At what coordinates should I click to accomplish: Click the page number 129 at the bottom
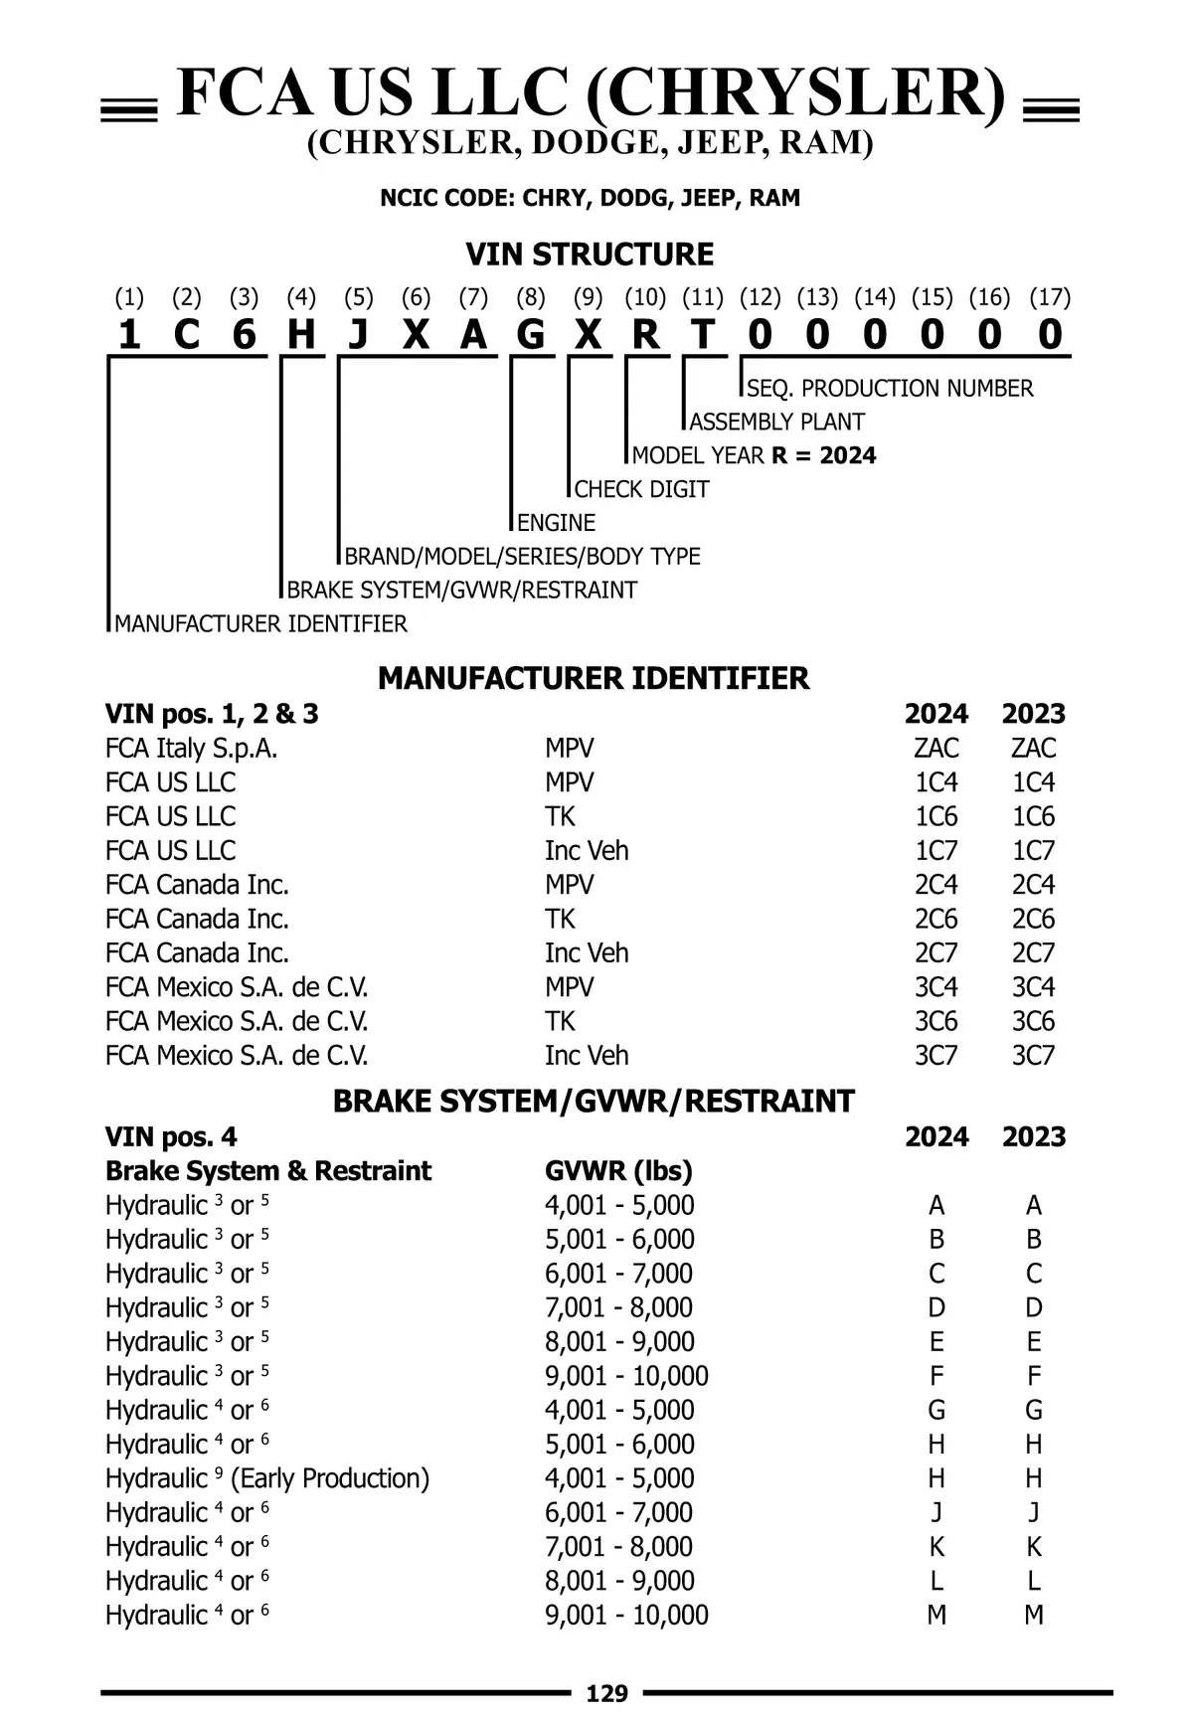[607, 1693]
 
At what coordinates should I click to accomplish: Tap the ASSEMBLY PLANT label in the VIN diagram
[776, 422]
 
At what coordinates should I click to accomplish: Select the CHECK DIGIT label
[641, 489]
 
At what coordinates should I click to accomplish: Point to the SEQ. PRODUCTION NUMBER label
[890, 388]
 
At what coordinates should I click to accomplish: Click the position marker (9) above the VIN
[589, 297]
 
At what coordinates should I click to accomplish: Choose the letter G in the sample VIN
[531, 335]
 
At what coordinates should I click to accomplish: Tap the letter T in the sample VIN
[703, 335]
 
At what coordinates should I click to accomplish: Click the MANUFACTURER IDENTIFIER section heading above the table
[594, 678]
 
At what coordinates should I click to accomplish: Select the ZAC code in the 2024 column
[936, 748]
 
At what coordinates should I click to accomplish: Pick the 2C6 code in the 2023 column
[1033, 919]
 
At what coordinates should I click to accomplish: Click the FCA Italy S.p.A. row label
[191, 748]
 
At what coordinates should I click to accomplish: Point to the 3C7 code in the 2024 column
[936, 1055]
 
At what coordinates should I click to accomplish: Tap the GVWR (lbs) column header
[618, 1170]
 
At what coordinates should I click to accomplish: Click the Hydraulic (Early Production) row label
[267, 1478]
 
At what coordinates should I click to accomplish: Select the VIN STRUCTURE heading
[590, 255]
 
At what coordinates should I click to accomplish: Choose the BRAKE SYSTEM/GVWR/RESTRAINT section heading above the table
[594, 1102]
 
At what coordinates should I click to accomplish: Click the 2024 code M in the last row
[936, 1615]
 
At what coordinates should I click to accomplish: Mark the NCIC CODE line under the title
[590, 198]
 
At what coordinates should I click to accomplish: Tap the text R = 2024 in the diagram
[823, 455]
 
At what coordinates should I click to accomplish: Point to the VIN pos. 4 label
[171, 1136]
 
